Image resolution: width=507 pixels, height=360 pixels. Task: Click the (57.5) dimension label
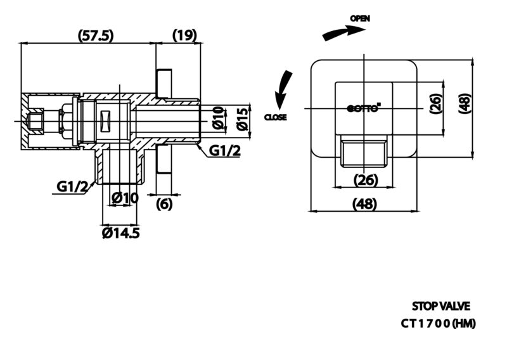(96, 35)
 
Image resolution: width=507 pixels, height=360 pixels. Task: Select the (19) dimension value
(184, 35)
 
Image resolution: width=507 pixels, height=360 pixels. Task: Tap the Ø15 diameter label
(243, 119)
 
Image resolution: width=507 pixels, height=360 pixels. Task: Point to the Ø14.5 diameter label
(121, 233)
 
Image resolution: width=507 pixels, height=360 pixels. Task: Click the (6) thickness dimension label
(164, 204)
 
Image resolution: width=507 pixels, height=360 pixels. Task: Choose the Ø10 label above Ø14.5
(125, 198)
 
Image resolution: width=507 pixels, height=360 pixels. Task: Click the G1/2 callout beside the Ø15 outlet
(225, 150)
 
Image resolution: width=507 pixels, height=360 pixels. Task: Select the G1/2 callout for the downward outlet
(72, 186)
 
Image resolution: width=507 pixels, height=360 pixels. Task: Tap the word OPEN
(360, 19)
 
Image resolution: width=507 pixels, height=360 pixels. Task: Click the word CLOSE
(276, 117)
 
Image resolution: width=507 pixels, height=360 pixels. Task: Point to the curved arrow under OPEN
(343, 33)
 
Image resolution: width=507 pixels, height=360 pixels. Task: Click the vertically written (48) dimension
(465, 103)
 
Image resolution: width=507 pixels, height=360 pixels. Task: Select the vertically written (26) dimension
(435, 103)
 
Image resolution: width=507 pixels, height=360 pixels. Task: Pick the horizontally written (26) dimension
(366, 180)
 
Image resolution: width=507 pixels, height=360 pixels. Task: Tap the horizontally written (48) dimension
(364, 204)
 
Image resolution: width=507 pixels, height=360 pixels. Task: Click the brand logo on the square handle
(364, 108)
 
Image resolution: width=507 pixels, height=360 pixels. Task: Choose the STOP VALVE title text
(440, 306)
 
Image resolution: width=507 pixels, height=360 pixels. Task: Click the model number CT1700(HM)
(438, 323)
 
